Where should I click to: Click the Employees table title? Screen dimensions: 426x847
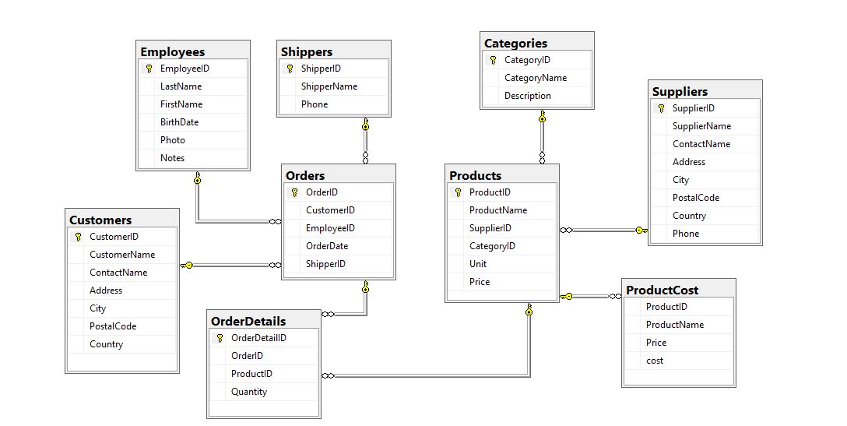point(172,51)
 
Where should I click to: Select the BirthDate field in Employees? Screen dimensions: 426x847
point(179,122)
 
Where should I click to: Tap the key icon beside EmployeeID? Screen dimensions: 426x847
point(149,69)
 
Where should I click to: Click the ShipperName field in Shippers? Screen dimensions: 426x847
point(329,86)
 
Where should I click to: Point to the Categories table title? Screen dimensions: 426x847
point(515,44)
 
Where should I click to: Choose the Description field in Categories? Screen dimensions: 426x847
point(527,96)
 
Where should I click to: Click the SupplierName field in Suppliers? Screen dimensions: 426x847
point(701,126)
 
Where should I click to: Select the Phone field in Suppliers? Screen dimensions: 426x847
point(686,234)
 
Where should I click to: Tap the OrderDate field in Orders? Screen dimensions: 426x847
point(326,246)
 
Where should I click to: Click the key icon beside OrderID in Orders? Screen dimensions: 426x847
point(294,192)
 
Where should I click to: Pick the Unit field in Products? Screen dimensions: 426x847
point(478,264)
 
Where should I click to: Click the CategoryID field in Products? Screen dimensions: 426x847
point(492,246)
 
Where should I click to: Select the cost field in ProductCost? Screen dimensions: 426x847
point(655,361)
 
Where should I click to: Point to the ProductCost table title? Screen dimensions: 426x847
point(662,290)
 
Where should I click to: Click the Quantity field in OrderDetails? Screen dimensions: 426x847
point(249,392)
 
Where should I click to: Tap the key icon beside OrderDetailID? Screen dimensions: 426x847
point(220,338)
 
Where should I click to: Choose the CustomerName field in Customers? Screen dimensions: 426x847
point(122,255)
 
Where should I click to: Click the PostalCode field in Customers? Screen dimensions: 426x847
point(113,326)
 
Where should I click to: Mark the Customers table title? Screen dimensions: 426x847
point(100,220)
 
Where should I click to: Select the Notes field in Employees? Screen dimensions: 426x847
point(172,158)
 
